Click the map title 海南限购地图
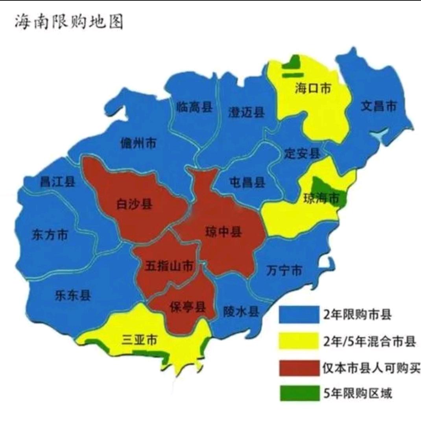point(69,22)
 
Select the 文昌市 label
point(379,106)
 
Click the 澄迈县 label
point(247,113)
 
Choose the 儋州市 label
point(138,143)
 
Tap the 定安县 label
point(302,153)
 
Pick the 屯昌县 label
point(247,182)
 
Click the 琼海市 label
point(321,198)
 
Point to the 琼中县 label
point(223,232)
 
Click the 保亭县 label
point(188,307)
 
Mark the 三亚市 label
point(139,339)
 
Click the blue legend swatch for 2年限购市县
point(299,315)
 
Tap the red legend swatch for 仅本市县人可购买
point(299,368)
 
